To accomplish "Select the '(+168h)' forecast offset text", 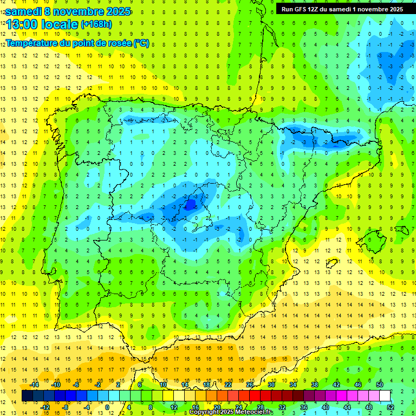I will pyautogui.click(x=96, y=24).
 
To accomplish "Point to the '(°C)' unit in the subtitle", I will pyautogui.click(x=141, y=43).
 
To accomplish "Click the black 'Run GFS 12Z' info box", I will pyautogui.click(x=342, y=9).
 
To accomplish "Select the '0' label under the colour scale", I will pyautogui.click(x=107, y=407).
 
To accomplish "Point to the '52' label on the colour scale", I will pyautogui.click(x=391, y=407).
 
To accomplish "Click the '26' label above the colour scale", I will pyautogui.click(x=250, y=385).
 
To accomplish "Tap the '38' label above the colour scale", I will pyautogui.click(x=315, y=385).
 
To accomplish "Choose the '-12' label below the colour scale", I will pyautogui.click(x=45, y=407).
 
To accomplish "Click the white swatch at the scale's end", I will pyautogui.click(x=385, y=395).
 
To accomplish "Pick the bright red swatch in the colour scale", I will pyautogui.click(x=255, y=395).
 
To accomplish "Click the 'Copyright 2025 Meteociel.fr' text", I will pyautogui.click(x=232, y=412).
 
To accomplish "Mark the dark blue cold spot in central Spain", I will pyautogui.click(x=190, y=205).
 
